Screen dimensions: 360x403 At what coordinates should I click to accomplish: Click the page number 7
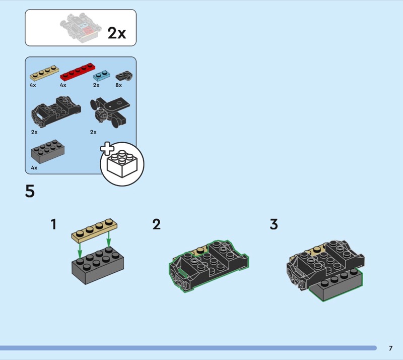390,348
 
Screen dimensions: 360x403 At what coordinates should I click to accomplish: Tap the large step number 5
30,192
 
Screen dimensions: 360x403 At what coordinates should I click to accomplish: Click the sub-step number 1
53,224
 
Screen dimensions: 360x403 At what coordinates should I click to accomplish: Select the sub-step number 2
157,224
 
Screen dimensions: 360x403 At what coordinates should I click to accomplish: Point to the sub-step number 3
274,224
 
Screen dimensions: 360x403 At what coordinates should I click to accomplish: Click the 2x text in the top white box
117,33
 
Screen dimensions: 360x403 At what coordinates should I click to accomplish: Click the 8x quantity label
118,85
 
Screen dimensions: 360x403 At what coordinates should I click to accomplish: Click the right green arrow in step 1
109,242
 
